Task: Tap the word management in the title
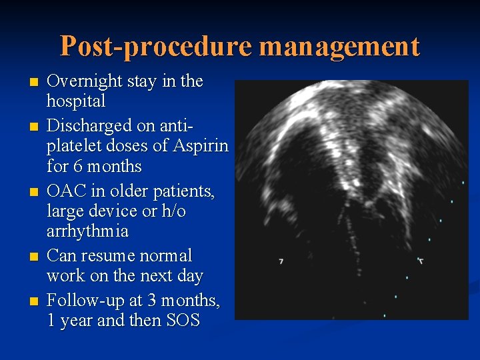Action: [x=339, y=47]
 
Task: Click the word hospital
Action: [x=76, y=101]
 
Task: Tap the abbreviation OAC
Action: [x=67, y=192]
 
